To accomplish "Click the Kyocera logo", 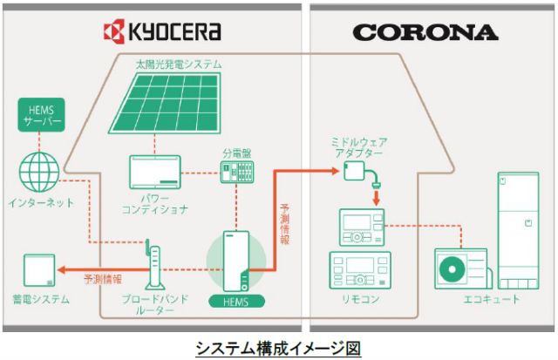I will pos(162,32).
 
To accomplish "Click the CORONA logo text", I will pos(425,32).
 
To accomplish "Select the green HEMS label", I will pos(231,302).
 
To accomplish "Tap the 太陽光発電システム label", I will pos(179,65).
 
